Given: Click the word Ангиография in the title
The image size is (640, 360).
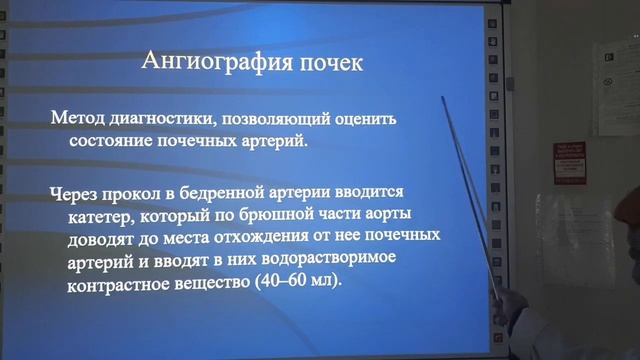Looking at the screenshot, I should [x=205, y=65].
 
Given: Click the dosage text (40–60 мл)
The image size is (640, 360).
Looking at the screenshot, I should [x=298, y=283].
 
